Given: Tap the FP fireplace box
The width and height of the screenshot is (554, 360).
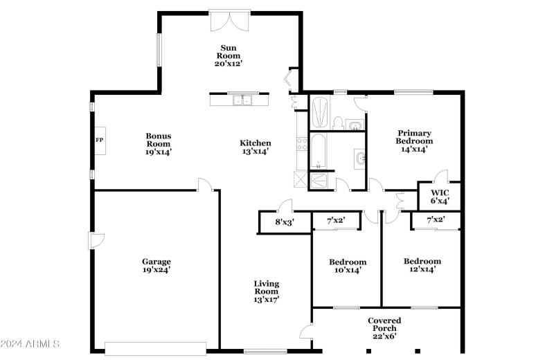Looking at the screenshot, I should [98, 139].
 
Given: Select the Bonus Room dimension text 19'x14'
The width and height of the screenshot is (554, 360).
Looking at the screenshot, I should [158, 152].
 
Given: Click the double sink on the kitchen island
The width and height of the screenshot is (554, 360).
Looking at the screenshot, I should [242, 101].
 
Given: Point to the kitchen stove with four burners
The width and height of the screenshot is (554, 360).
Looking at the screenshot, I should [302, 144].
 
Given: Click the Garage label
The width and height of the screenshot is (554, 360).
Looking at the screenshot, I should [157, 262].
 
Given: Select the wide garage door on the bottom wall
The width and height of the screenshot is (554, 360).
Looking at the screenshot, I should [155, 348].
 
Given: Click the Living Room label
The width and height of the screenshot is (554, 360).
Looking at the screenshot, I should [266, 287].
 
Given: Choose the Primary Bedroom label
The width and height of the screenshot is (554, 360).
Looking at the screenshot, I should [414, 137].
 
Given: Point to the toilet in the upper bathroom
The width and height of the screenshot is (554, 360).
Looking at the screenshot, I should [338, 123].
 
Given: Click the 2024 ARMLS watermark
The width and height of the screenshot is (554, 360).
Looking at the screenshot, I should [30, 344].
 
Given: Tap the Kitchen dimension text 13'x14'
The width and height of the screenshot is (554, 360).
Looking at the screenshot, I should [255, 152].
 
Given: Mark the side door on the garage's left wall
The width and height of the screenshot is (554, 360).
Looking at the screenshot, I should [96, 240].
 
